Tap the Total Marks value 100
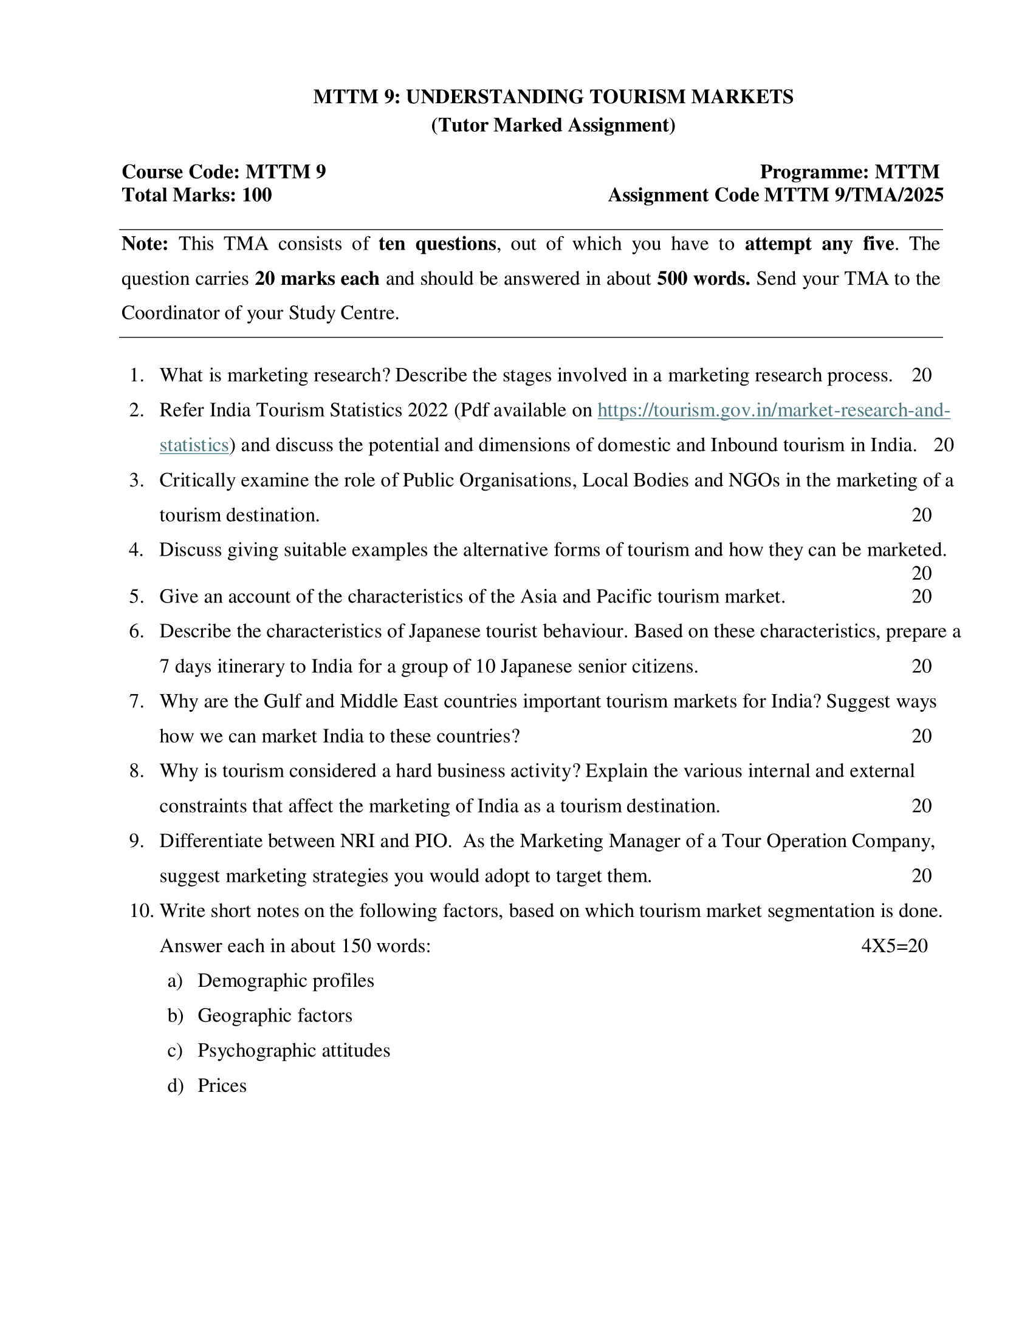(x=257, y=195)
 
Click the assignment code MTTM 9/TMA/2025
(x=854, y=195)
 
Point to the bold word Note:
(x=145, y=244)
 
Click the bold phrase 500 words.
(x=703, y=279)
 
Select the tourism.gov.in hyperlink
(x=774, y=411)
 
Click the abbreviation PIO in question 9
(x=433, y=842)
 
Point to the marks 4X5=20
(x=894, y=946)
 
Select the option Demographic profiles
(x=286, y=981)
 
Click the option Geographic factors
(x=275, y=1016)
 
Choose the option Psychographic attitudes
(x=293, y=1051)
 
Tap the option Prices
(x=222, y=1086)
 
